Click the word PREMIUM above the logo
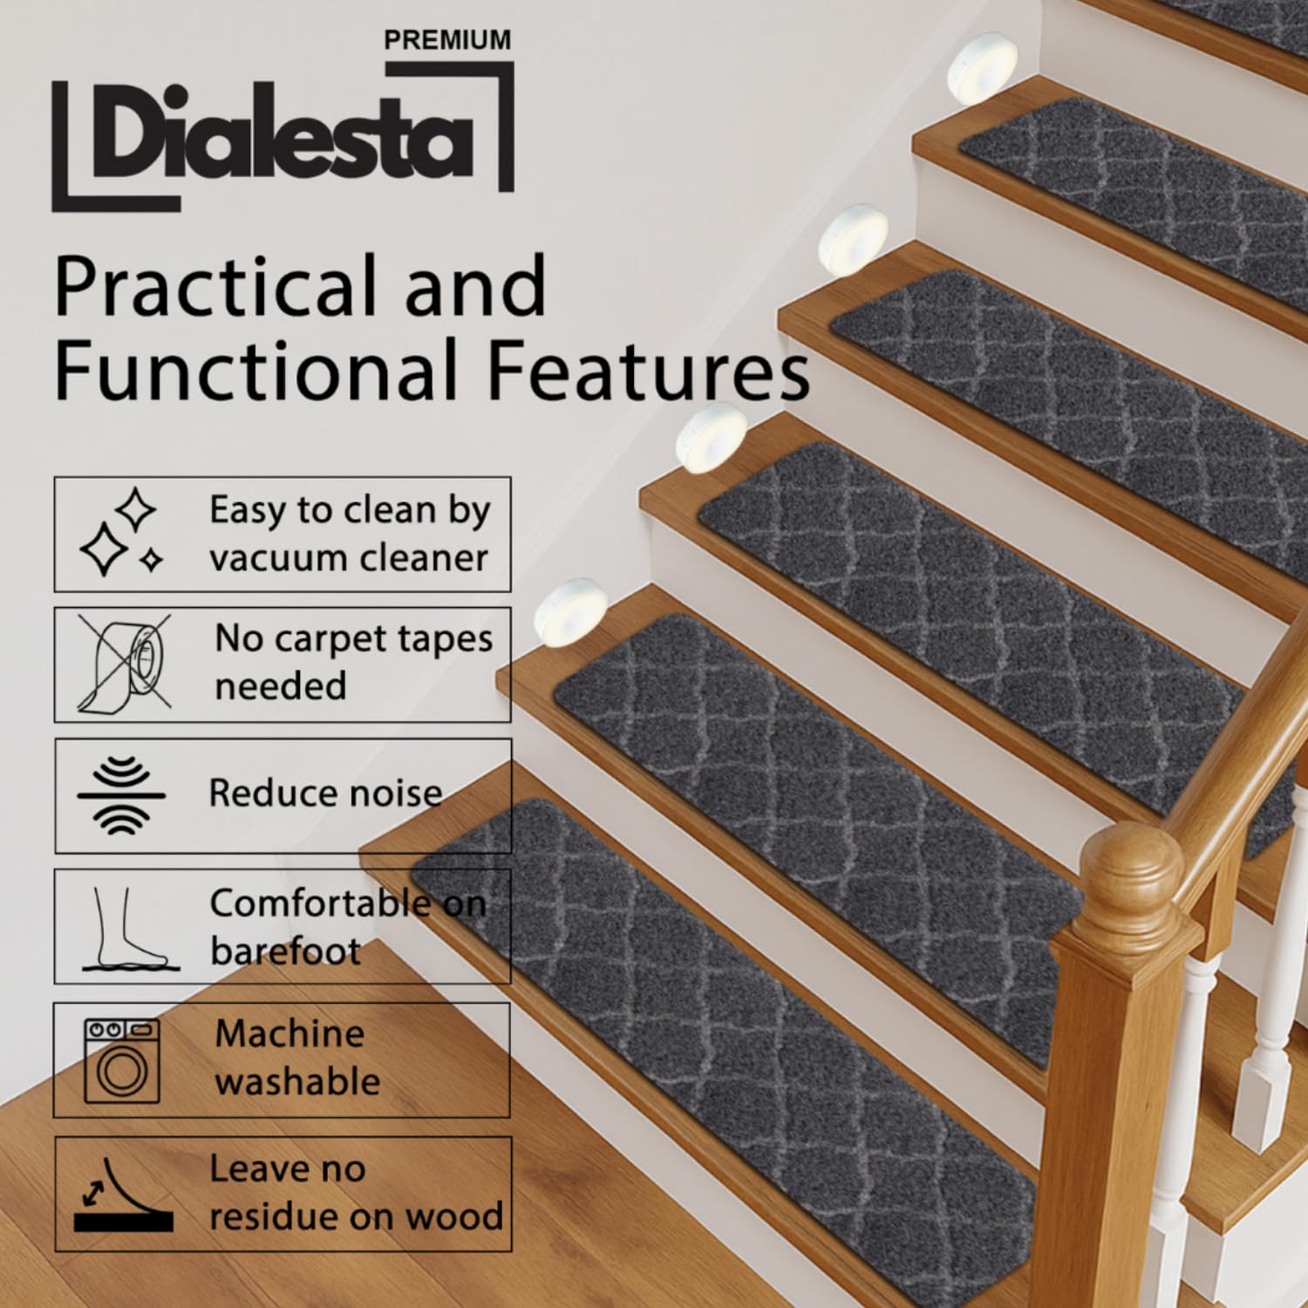[x=447, y=40]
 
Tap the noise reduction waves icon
[x=120, y=795]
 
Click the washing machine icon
[x=122, y=1059]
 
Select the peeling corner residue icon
[x=121, y=1194]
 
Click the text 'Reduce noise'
[x=325, y=794]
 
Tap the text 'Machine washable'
[x=297, y=1058]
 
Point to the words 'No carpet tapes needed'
[x=353, y=662]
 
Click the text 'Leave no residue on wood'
[x=356, y=1192]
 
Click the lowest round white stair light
[x=570, y=611]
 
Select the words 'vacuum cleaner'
[x=348, y=557]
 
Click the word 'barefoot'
[x=285, y=951]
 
